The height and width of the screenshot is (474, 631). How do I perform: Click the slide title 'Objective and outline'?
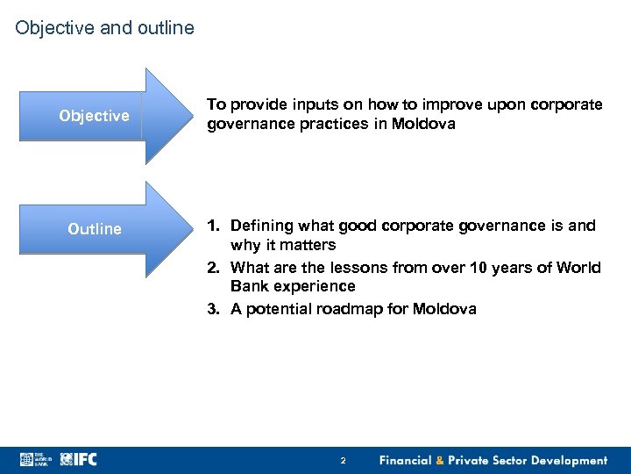click(104, 29)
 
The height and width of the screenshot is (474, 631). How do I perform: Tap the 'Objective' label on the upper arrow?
click(94, 116)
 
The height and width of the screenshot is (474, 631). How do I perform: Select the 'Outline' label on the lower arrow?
click(95, 229)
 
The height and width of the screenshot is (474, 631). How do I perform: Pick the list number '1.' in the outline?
click(214, 226)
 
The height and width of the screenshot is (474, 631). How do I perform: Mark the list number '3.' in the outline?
click(214, 308)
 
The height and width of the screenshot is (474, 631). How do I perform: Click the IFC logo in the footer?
click(80, 459)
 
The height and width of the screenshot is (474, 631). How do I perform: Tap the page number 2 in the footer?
click(343, 460)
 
